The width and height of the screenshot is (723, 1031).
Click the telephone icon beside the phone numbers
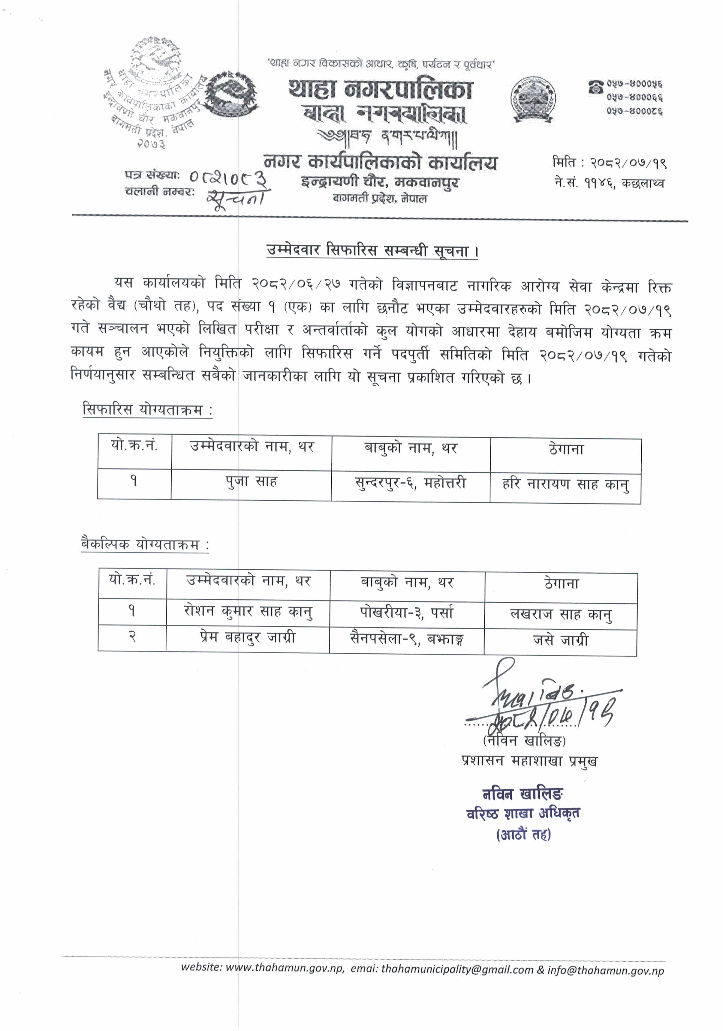coord(595,87)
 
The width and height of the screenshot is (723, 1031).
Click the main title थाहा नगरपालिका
coord(380,89)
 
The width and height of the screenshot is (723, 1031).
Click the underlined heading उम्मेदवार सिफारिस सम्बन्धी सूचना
coord(372,251)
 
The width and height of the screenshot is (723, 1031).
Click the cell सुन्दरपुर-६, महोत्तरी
coord(410,484)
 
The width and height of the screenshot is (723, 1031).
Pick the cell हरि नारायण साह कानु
coord(565,485)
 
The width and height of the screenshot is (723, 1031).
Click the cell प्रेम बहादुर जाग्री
coord(248,638)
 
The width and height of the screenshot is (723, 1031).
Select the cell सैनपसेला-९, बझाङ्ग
coord(407,639)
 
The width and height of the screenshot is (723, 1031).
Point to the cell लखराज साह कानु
coord(561,614)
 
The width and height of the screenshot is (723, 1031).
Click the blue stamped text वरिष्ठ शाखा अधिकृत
coord(523,813)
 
